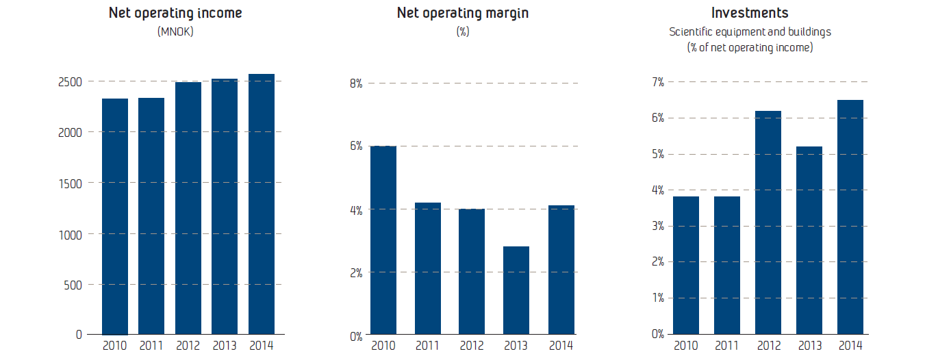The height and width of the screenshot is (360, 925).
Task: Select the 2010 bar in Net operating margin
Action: (x=383, y=240)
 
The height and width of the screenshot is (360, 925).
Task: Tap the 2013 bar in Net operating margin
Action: (x=516, y=290)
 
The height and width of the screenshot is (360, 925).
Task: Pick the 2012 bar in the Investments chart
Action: (x=768, y=222)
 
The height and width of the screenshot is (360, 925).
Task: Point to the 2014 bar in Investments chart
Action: (x=850, y=217)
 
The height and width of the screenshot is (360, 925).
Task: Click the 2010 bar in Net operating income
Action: (x=115, y=216)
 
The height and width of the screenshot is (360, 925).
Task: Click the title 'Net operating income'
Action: (x=175, y=13)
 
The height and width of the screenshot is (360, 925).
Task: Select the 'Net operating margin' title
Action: (x=463, y=13)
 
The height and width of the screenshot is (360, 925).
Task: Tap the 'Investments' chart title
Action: (x=750, y=13)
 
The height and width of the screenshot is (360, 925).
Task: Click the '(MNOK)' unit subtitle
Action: (x=175, y=31)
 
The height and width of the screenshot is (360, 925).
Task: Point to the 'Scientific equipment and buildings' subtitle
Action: (x=750, y=31)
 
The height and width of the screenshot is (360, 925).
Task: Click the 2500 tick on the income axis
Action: (x=70, y=81)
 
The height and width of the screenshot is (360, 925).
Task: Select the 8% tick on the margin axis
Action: (x=356, y=83)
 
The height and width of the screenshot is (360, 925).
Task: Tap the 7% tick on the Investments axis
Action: (x=657, y=82)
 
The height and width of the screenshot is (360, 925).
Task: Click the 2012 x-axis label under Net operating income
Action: (x=188, y=346)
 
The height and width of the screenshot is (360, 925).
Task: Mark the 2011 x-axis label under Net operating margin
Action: (x=427, y=346)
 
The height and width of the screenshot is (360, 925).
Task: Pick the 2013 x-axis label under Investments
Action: (x=809, y=346)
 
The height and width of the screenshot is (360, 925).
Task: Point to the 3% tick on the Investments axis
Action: (x=657, y=226)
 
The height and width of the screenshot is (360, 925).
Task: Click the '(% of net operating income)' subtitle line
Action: (x=750, y=47)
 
